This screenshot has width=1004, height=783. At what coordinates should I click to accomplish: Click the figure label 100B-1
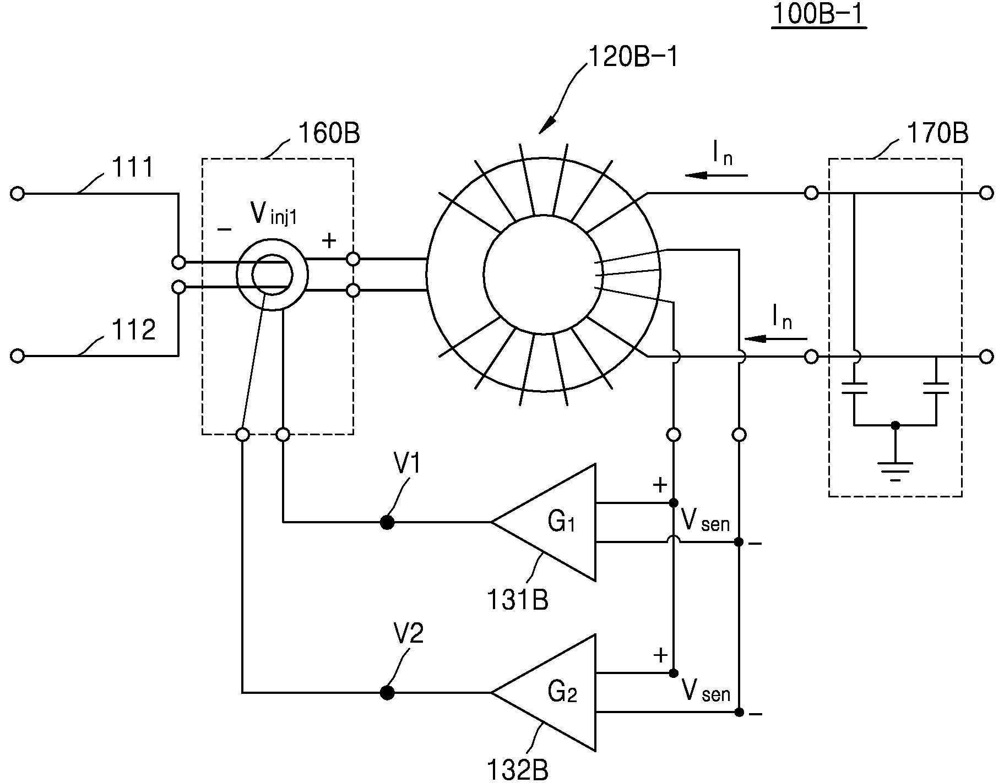(x=819, y=15)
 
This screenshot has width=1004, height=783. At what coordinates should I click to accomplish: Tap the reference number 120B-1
(x=633, y=57)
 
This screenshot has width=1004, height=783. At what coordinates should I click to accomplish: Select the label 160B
(x=329, y=133)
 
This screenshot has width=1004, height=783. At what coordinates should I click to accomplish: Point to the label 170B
(x=937, y=133)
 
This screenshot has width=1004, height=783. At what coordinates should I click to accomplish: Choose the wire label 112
(x=134, y=330)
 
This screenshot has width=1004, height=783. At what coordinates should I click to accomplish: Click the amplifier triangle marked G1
(x=544, y=522)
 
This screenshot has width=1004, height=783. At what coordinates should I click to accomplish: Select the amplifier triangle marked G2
(x=544, y=693)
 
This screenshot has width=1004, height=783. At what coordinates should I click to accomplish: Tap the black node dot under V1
(x=387, y=522)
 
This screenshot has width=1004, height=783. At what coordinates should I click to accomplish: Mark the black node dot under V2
(x=387, y=693)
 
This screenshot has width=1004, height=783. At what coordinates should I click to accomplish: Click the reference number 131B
(x=518, y=600)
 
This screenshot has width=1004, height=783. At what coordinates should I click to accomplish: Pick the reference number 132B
(x=518, y=770)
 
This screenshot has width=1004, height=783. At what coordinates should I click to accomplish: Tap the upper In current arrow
(x=717, y=176)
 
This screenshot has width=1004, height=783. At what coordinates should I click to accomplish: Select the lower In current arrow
(x=775, y=338)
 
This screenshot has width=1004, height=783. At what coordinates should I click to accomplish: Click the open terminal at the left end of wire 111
(x=18, y=194)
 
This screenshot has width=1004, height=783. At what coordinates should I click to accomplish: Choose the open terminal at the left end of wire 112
(x=18, y=357)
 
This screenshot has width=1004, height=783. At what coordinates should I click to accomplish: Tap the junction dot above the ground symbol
(x=896, y=425)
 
